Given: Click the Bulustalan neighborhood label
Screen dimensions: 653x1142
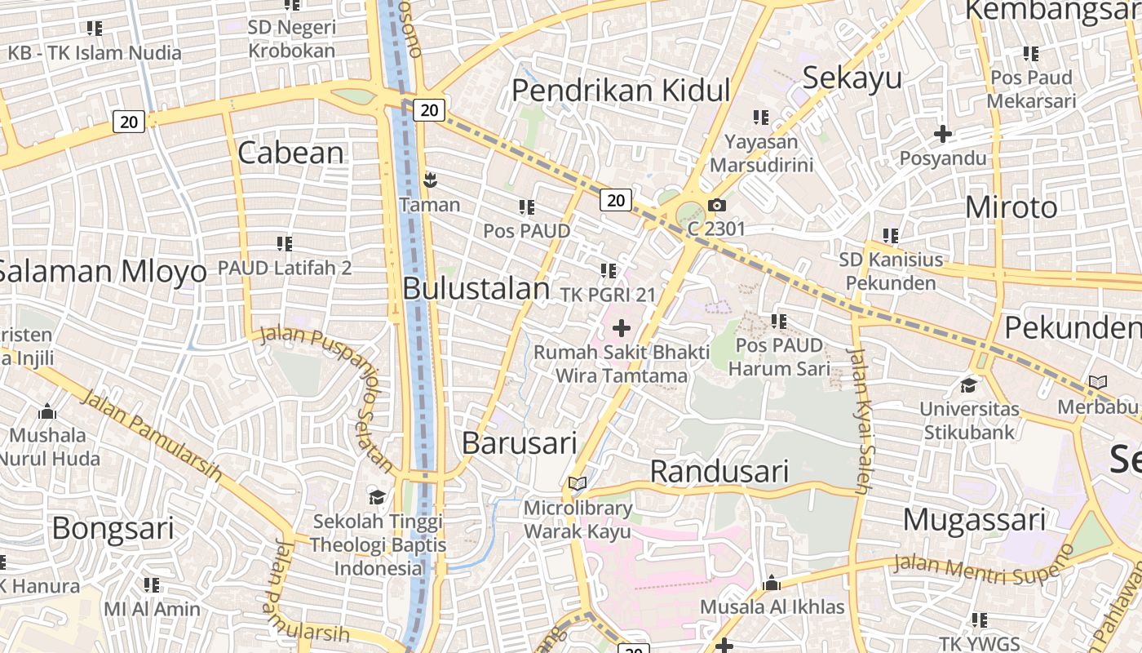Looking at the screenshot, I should [476, 289].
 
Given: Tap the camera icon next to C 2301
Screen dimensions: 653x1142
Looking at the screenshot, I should [717, 205].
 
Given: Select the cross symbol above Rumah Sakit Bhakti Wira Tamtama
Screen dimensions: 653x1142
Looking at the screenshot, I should [622, 328].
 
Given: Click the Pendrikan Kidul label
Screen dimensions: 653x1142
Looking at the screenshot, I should [620, 90].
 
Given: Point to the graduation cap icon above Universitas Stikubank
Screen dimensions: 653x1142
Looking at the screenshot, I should [968, 384].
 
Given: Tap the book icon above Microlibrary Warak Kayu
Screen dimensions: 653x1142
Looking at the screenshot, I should [578, 484].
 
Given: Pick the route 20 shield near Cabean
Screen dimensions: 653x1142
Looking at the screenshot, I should [129, 122].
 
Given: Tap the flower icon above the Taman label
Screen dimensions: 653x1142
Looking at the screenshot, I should [430, 180].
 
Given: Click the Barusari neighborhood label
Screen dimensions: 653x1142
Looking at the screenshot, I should [519, 442].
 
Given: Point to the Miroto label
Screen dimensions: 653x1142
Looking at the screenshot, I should [1011, 207].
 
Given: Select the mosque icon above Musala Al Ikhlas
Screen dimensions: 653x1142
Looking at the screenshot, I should [772, 583].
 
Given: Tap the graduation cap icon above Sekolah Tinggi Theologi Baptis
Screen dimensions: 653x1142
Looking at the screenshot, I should [377, 496].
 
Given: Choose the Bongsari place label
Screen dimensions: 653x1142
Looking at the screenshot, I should [113, 529].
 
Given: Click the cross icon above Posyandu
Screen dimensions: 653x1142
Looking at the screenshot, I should [943, 133].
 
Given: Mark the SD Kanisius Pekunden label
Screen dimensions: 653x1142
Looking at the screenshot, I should [891, 271].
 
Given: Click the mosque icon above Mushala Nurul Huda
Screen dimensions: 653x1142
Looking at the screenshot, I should [47, 411].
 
